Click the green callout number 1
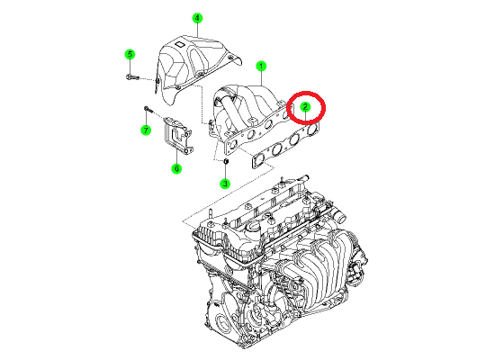261,67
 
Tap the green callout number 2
305,107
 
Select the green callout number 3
225,184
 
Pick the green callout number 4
197,18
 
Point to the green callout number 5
130,54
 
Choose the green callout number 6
176,168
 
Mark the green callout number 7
146,130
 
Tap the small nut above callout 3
226,162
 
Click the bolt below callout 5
132,77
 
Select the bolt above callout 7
148,110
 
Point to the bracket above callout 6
178,136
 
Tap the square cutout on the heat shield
180,45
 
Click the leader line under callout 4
197,30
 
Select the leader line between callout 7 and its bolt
146,118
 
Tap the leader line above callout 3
225,171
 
